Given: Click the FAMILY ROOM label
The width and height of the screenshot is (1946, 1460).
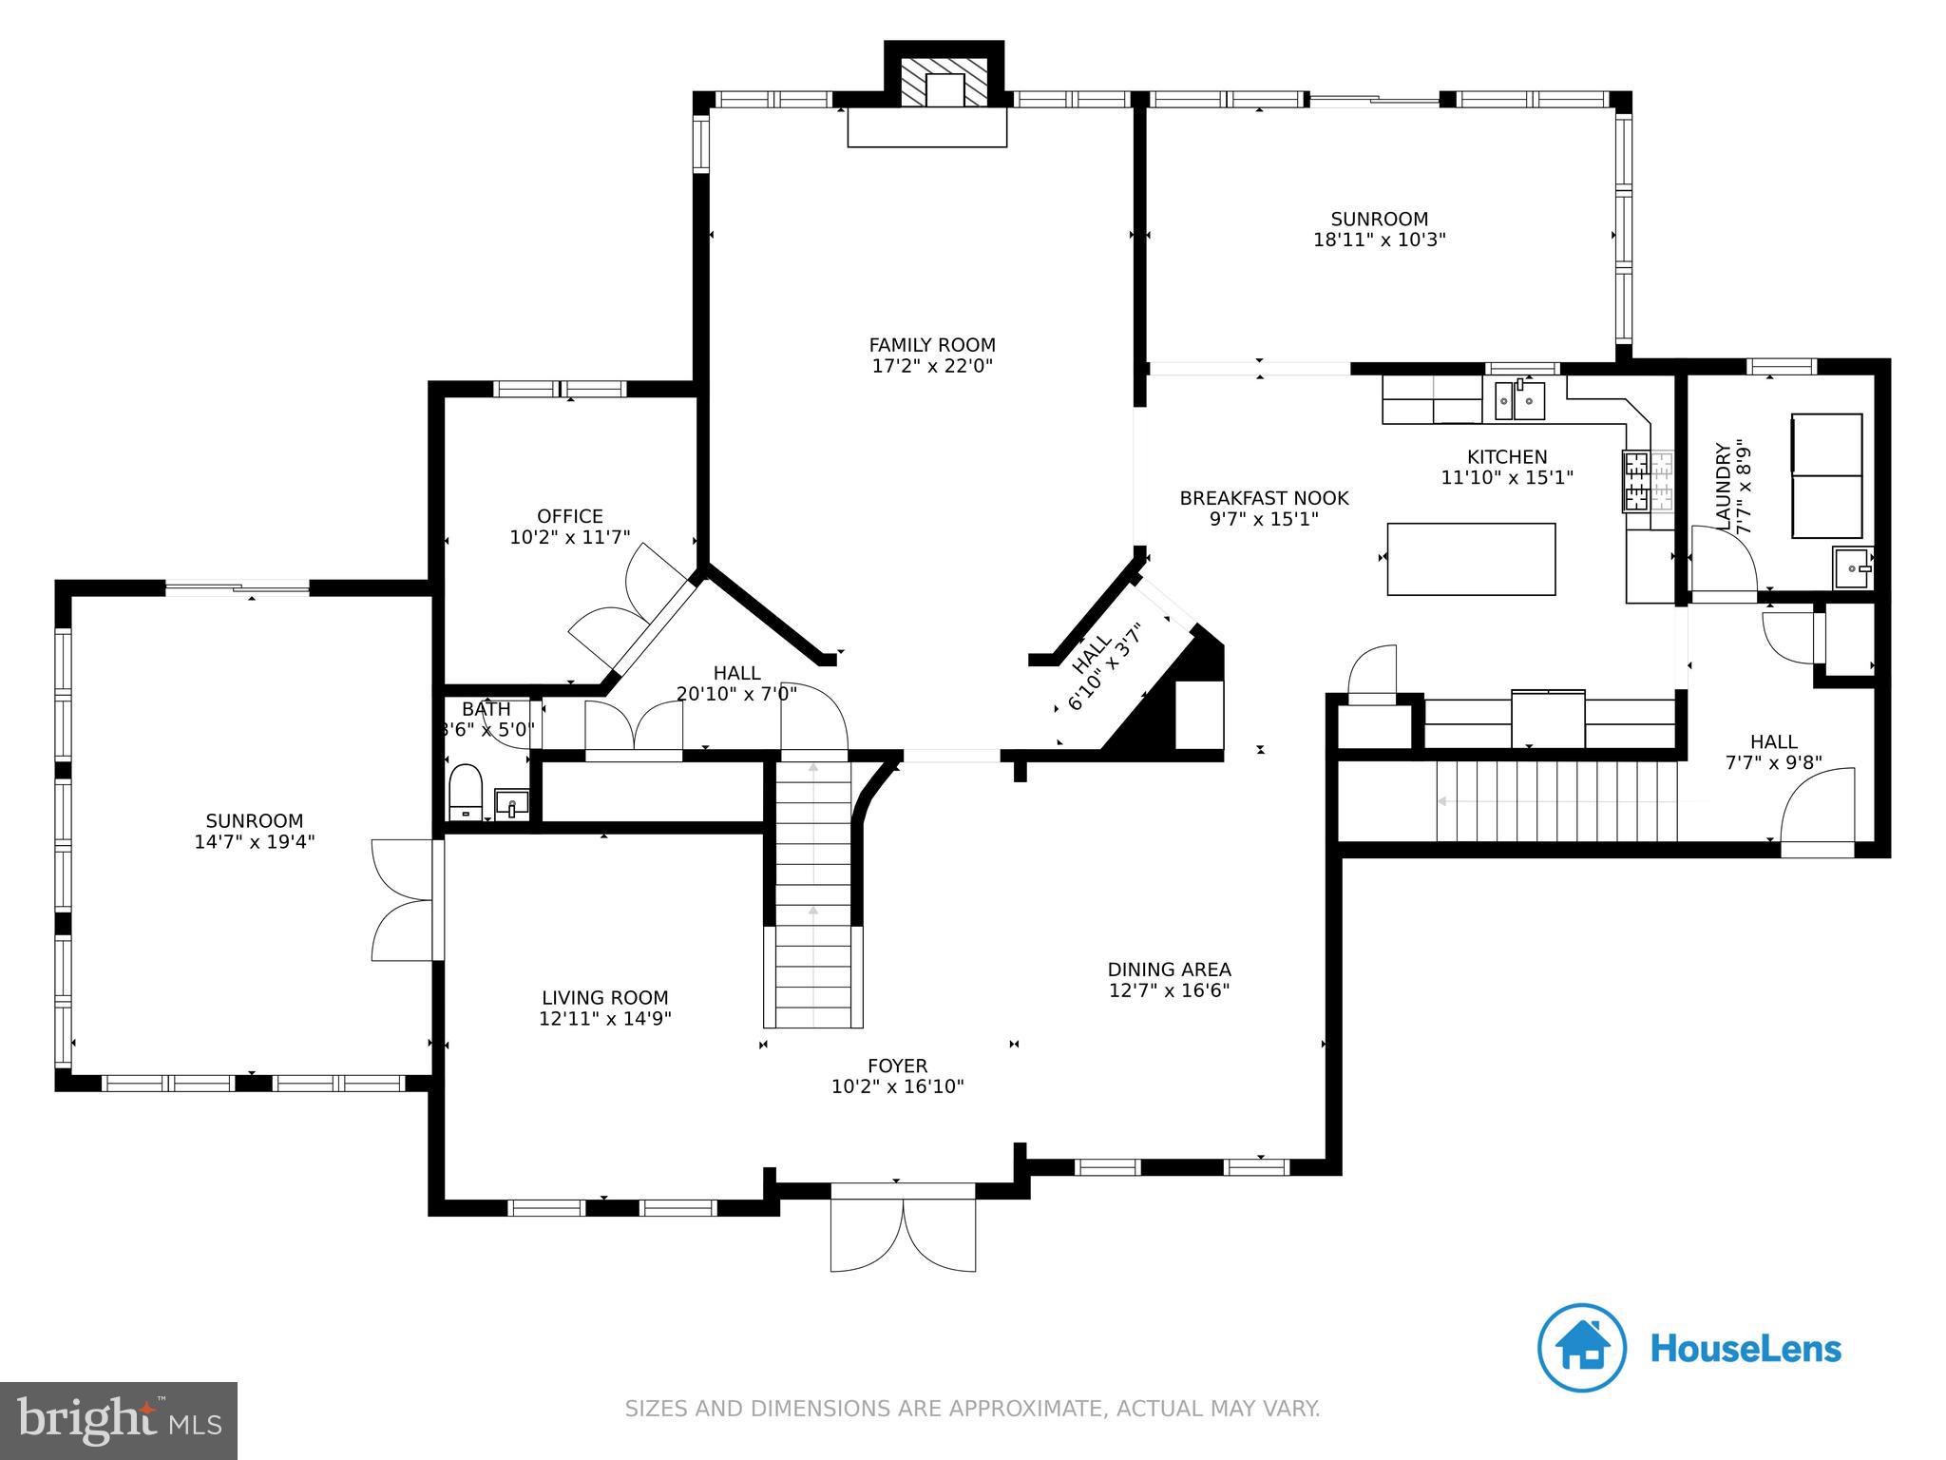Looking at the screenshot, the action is point(931,345).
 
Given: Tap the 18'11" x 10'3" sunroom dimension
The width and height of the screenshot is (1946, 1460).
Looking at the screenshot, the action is point(1379,240).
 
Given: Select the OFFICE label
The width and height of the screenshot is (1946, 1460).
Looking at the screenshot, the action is point(569,516).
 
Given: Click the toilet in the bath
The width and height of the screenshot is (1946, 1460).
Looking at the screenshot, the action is point(466,790).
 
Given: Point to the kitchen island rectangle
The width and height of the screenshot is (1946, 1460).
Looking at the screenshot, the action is point(1471,559).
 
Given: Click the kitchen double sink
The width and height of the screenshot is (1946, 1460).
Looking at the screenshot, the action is point(1519,400).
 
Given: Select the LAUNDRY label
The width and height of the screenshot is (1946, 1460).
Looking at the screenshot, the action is point(1723,486).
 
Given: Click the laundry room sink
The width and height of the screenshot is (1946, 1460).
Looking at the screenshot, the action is point(1852,568).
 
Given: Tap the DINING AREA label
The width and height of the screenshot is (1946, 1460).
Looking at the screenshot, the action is point(1169,970).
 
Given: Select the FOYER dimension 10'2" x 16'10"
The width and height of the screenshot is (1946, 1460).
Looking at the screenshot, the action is point(897,1086).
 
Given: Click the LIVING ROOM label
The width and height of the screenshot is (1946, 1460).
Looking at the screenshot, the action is point(604,998).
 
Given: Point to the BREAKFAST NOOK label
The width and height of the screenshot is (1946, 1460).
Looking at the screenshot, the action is point(1264,498).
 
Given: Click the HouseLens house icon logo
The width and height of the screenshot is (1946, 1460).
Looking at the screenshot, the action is point(1582,1348).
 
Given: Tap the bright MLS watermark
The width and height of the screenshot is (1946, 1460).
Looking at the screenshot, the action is point(119,1419).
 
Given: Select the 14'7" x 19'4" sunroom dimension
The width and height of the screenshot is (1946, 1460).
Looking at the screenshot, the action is point(254,841).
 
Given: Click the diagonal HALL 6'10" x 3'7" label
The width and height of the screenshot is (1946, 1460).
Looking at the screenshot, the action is point(1102,665).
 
